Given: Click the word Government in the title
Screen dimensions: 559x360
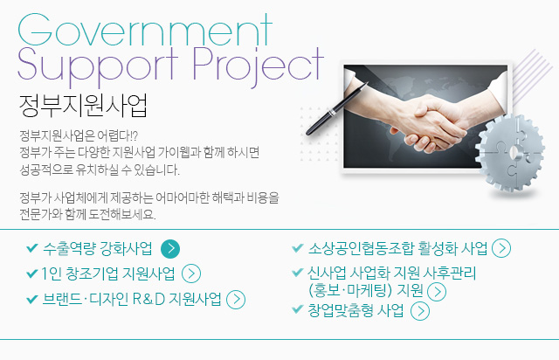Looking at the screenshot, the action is click(x=145, y=30).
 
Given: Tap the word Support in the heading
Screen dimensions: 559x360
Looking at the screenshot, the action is click(x=98, y=67).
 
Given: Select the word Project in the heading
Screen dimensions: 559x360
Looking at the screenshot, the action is click(x=259, y=67).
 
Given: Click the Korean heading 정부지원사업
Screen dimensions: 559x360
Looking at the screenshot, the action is click(x=83, y=106).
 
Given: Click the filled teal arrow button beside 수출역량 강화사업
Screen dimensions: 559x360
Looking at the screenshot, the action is click(x=170, y=249).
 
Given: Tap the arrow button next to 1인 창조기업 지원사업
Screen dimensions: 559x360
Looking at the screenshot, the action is click(x=191, y=273).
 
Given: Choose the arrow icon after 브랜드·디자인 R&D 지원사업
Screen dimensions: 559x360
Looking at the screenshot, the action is click(x=236, y=300).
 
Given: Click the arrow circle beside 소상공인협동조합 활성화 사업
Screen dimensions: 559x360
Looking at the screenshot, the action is click(x=501, y=248).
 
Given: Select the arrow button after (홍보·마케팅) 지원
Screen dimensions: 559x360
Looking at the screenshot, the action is click(x=437, y=292).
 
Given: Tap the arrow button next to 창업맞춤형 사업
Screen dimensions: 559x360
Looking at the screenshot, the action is click(x=420, y=311).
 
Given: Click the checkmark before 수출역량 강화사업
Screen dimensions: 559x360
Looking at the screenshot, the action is click(x=32, y=247).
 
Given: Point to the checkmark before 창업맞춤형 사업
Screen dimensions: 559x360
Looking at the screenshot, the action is click(x=297, y=309).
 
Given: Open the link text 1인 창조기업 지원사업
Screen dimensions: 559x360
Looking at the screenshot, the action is click(x=108, y=273).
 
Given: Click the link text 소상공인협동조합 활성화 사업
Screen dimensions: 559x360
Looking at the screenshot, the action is click(x=397, y=248).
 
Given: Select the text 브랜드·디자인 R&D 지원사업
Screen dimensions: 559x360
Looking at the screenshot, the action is click(x=132, y=299).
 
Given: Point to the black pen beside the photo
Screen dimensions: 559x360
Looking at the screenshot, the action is click(x=336, y=108).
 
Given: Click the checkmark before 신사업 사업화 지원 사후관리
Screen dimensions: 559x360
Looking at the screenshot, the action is click(x=297, y=273).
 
